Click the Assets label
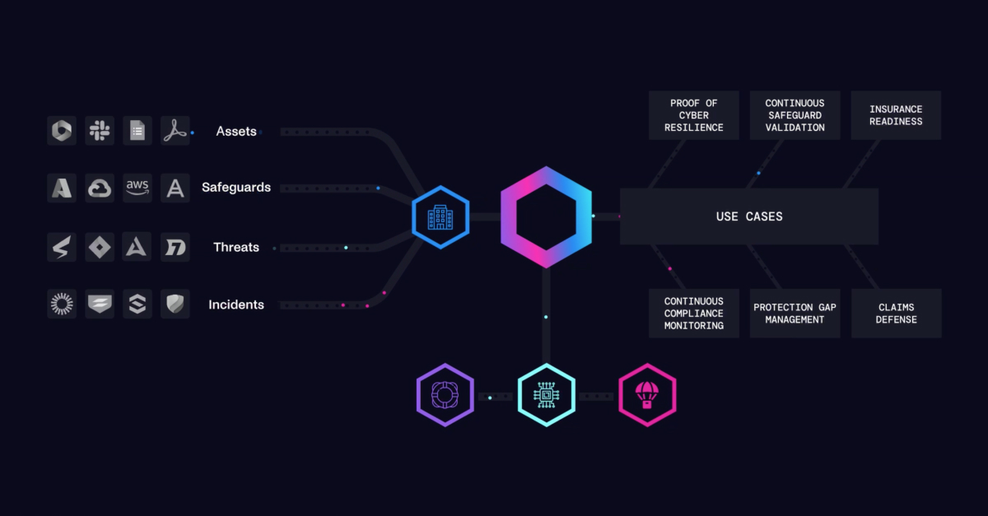(236, 131)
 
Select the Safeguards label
(236, 188)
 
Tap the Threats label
(236, 247)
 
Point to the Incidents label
(236, 304)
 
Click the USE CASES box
(748, 216)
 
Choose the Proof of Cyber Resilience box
(694, 115)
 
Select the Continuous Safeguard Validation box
(795, 115)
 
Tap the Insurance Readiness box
(896, 115)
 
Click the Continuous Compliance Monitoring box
(694, 314)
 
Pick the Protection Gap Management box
(795, 314)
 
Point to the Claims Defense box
(896, 314)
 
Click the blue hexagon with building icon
(440, 217)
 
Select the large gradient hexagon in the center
(546, 216)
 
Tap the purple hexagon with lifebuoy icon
(445, 395)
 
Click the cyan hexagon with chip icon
(546, 395)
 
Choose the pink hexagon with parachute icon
(647, 395)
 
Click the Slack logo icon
(100, 130)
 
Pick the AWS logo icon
(137, 188)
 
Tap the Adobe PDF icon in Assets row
(175, 130)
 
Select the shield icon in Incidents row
(175, 304)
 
